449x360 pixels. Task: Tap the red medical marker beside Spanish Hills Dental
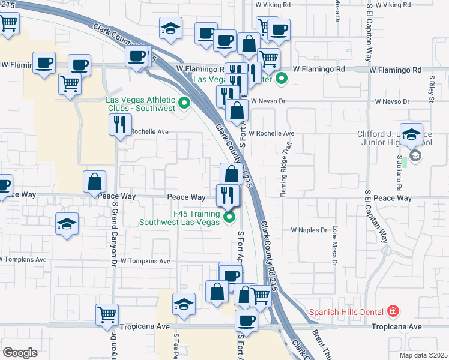[393, 311]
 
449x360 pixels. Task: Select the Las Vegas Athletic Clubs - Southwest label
[140, 104]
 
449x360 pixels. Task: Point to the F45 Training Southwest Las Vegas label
[179, 217]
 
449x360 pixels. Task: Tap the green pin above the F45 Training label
[228, 217]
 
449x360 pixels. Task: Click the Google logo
[20, 352]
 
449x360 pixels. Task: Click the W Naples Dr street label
[309, 230]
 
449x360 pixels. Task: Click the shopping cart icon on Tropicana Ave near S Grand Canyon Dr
[107, 314]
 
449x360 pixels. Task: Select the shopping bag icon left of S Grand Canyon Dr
[95, 182]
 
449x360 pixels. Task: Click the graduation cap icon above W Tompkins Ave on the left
[67, 224]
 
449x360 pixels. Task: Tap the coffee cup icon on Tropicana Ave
[246, 320]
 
